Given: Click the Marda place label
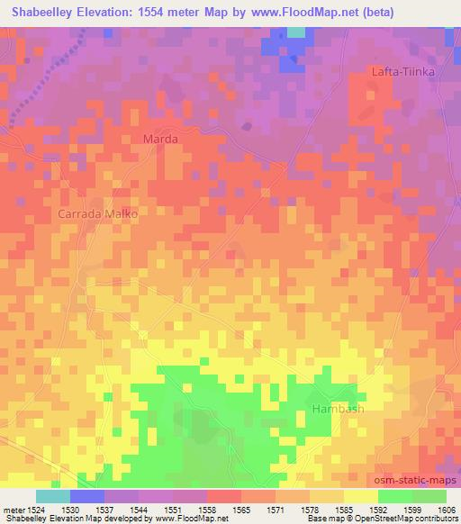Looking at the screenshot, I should tap(161, 140).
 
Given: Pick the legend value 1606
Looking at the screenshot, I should tap(446, 510).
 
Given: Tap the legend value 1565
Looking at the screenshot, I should tap(240, 510).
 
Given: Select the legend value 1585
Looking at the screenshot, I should tap(343, 510).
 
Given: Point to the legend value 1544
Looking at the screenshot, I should tap(138, 510).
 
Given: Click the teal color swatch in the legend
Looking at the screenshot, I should tap(52, 496).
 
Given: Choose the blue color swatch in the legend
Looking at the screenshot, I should tap(86, 496).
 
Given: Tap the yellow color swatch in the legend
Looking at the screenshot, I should tap(360, 496).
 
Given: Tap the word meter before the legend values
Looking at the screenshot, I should tap(13, 510).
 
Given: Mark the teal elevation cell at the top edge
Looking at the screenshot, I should tap(295, 32).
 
